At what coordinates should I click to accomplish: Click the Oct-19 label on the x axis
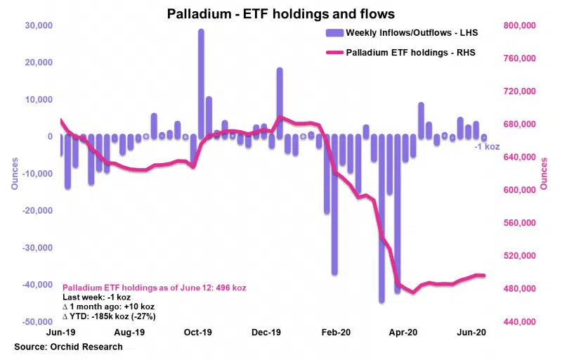pyautogui.click(x=198, y=331)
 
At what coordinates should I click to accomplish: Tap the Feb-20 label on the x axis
pyautogui.click(x=336, y=331)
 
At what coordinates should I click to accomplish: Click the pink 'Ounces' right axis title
pyautogui.click(x=544, y=173)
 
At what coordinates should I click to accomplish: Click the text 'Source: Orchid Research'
pyautogui.click(x=68, y=347)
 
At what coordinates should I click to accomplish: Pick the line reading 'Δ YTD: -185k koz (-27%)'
pyautogui.click(x=109, y=316)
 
